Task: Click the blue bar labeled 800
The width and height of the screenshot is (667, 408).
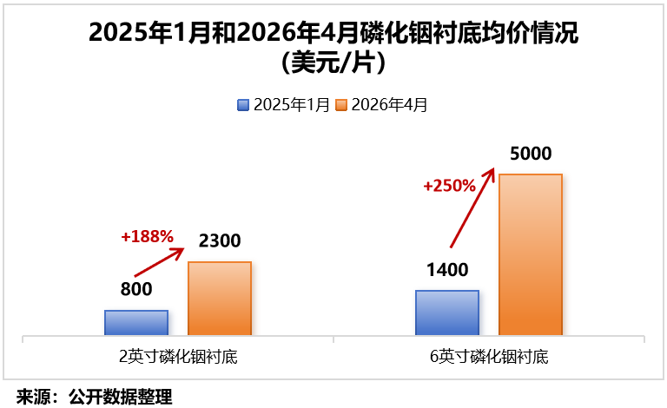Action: tap(136, 322)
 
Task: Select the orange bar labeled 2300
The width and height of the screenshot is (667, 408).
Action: tap(220, 298)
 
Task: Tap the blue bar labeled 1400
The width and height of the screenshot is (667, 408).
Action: tap(447, 313)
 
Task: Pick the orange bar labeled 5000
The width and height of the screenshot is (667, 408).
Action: tap(531, 254)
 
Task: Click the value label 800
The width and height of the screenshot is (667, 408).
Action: tap(136, 290)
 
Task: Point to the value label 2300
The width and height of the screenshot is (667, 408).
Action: tap(220, 241)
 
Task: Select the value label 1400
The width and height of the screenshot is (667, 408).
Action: tap(447, 269)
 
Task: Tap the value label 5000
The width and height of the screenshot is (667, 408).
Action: tap(531, 155)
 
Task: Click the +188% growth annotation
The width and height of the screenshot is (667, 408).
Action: tap(148, 236)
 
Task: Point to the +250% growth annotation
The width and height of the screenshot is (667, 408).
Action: tap(449, 186)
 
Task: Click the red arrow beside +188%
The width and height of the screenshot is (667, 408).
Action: tap(160, 262)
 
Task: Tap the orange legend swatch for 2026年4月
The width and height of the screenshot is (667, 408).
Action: tap(341, 105)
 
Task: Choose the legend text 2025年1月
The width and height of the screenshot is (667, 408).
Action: tap(291, 105)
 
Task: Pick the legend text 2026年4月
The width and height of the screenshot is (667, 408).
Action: tap(389, 105)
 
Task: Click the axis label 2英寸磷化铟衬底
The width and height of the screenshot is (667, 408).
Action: tap(178, 357)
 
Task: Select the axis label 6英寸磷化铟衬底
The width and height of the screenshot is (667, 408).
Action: tap(489, 357)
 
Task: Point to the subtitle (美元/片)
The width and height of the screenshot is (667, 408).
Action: tap(333, 62)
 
